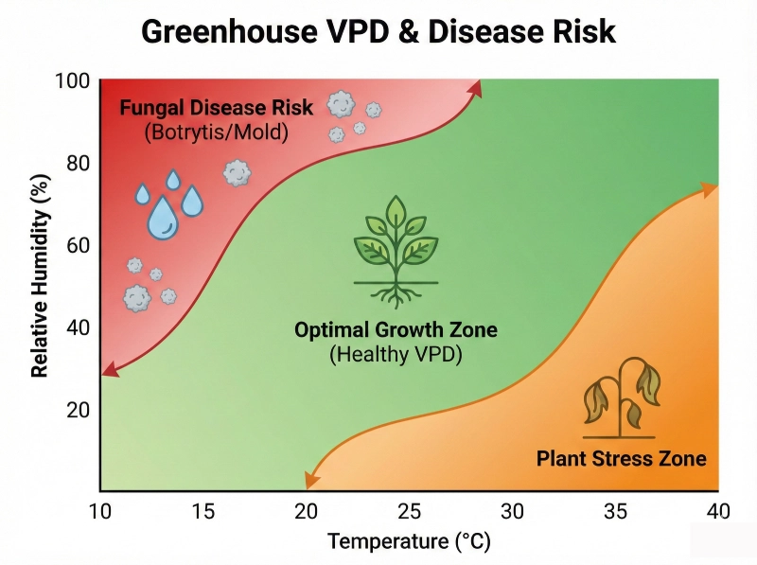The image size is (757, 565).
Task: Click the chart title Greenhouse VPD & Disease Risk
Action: point(378,32)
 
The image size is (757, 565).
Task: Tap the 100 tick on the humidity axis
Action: point(73,80)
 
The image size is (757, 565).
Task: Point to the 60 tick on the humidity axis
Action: point(79,245)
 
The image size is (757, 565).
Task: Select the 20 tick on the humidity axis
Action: point(79,410)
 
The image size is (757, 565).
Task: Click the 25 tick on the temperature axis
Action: point(409,511)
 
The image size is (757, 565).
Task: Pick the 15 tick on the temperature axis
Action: point(202,511)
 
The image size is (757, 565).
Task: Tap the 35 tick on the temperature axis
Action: point(616,511)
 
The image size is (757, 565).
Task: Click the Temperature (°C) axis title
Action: point(409,541)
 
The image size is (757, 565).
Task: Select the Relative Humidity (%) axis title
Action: point(40,275)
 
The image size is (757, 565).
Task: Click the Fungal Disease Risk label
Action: point(217,107)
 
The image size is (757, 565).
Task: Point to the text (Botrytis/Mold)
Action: point(217,132)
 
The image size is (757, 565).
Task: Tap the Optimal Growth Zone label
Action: point(396,330)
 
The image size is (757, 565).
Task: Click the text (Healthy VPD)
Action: point(396,355)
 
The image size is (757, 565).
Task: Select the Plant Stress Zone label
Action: point(622,458)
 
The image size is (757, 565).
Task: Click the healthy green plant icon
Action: point(396,252)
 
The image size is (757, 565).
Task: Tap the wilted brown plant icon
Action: point(621,397)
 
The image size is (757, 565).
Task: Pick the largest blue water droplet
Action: point(163,218)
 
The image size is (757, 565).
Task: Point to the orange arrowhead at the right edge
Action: point(709,189)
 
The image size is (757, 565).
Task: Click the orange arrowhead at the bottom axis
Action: point(312,481)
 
